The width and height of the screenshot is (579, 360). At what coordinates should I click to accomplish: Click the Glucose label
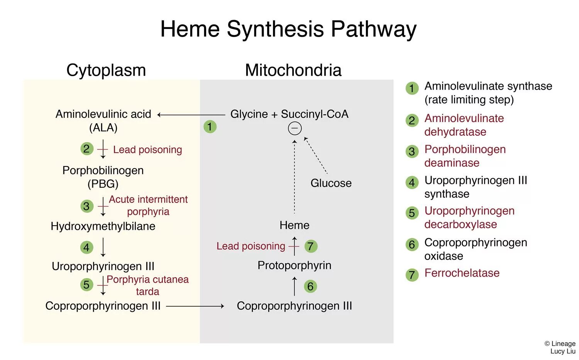point(331,183)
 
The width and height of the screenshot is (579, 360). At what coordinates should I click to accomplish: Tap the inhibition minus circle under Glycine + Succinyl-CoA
point(295,128)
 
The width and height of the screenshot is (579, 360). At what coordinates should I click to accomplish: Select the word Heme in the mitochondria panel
point(294,225)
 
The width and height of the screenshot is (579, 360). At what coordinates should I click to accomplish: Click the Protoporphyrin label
point(294,265)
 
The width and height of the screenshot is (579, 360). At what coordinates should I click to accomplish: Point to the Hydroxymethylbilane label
point(103,226)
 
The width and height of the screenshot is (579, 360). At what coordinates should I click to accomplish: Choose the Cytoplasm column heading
point(106,70)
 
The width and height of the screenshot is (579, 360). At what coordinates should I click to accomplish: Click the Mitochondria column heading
point(293,70)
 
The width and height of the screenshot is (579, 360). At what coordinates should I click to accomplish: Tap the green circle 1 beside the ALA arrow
point(210,127)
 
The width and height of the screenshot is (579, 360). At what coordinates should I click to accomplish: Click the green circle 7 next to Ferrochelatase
point(412,275)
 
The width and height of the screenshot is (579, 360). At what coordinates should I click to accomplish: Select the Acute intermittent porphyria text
point(148,205)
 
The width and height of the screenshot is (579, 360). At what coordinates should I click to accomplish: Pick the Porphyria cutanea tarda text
point(147,285)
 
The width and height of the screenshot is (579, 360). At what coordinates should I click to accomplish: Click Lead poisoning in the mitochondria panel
point(251,246)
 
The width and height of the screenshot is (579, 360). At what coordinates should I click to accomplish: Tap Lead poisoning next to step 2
point(147,149)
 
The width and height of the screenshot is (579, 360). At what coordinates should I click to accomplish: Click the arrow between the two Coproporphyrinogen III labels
point(195,306)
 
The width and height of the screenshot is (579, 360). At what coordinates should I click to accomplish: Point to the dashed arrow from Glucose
point(316,155)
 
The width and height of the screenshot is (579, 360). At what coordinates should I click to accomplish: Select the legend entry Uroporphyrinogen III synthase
point(475,187)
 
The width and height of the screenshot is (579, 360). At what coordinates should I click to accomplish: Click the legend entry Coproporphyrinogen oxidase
point(475,249)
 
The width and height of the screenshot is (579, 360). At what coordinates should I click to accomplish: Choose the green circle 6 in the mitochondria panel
point(310,286)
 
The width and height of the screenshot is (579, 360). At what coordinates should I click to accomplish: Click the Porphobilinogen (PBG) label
point(103,177)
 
